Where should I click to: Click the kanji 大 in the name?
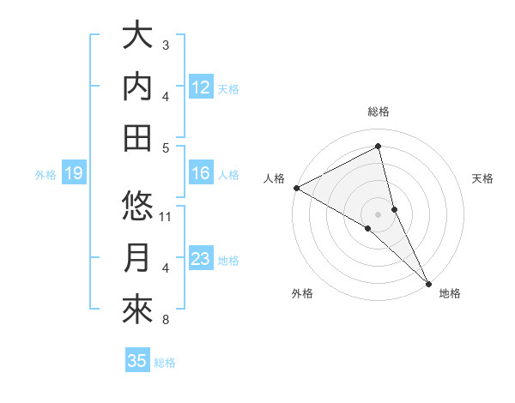click(x=137, y=36)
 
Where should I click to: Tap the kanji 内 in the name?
click(x=137, y=87)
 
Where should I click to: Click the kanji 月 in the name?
click(x=137, y=258)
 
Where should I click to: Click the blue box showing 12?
click(x=201, y=87)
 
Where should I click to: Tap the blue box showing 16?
click(x=201, y=174)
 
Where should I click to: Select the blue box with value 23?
click(x=201, y=259)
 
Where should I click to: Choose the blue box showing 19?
click(x=73, y=174)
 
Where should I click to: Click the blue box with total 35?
click(x=137, y=361)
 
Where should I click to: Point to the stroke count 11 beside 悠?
click(x=167, y=216)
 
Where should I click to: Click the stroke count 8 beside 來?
click(x=166, y=321)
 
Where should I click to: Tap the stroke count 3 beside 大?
click(x=166, y=45)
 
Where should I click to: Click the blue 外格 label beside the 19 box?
click(x=45, y=175)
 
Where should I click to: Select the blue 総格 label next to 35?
click(x=165, y=363)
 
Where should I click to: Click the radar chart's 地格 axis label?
click(x=450, y=293)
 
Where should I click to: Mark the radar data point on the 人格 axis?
click(x=296, y=188)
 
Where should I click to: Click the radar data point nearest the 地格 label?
click(x=427, y=282)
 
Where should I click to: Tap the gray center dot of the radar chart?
click(x=378, y=214)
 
